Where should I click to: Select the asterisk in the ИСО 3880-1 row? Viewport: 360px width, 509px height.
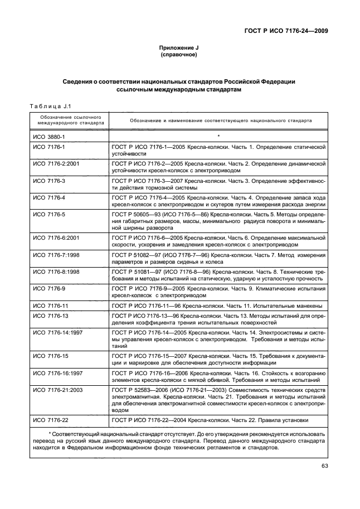(x=218, y=135)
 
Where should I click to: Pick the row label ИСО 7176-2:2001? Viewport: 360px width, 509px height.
(x=57, y=164)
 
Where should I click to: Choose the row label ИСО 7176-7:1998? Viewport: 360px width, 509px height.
(x=57, y=255)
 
